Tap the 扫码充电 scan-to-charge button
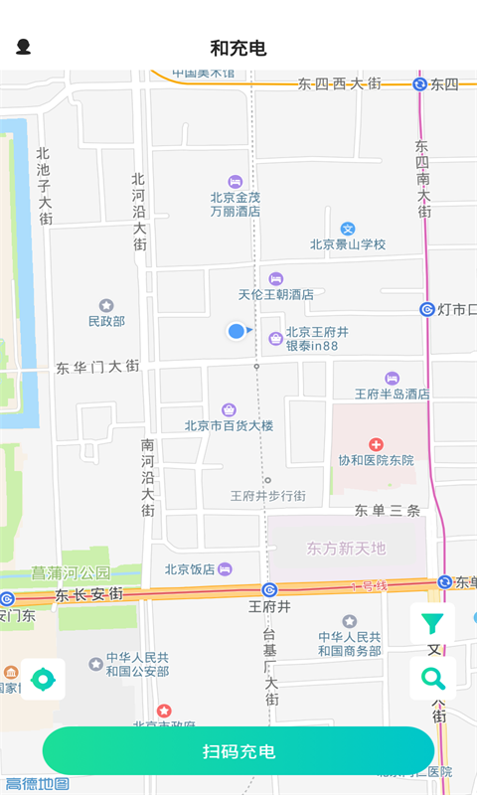238,751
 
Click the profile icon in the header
23,47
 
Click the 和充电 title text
238,48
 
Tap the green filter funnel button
432,623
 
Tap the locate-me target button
43,680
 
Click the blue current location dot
236,331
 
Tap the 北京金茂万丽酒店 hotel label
236,204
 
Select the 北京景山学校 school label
347,243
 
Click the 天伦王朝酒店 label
275,294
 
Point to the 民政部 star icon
106,305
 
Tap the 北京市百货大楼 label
229,425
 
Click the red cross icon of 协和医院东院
376,444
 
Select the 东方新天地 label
346,549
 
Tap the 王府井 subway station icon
269,589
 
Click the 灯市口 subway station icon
427,309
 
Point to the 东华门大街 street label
97,367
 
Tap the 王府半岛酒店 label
392,394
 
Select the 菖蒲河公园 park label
72,573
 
